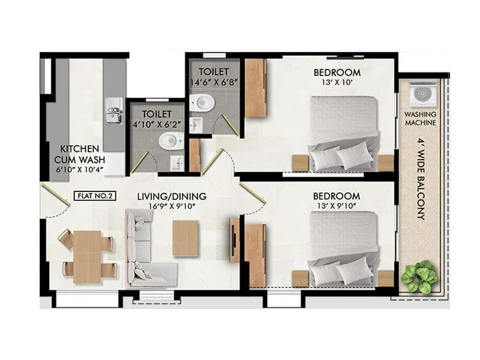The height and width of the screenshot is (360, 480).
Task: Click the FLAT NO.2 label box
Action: click(x=95, y=196)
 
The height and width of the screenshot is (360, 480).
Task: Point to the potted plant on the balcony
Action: click(x=419, y=275)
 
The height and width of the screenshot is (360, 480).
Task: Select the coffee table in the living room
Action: click(x=185, y=238)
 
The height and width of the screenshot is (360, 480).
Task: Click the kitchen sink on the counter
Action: click(x=113, y=111)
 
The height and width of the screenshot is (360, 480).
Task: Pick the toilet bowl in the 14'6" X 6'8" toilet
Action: click(x=202, y=102)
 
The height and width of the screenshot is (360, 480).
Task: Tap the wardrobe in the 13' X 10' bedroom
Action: click(x=256, y=88)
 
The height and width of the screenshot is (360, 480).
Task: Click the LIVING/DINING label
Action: click(x=172, y=196)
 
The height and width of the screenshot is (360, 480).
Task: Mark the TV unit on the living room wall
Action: click(x=235, y=240)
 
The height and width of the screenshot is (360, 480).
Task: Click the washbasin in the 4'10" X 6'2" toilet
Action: click(x=176, y=163)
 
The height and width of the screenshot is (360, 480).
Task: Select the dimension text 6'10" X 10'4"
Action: click(x=80, y=170)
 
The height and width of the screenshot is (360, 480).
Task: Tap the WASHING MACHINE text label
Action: click(x=420, y=118)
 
